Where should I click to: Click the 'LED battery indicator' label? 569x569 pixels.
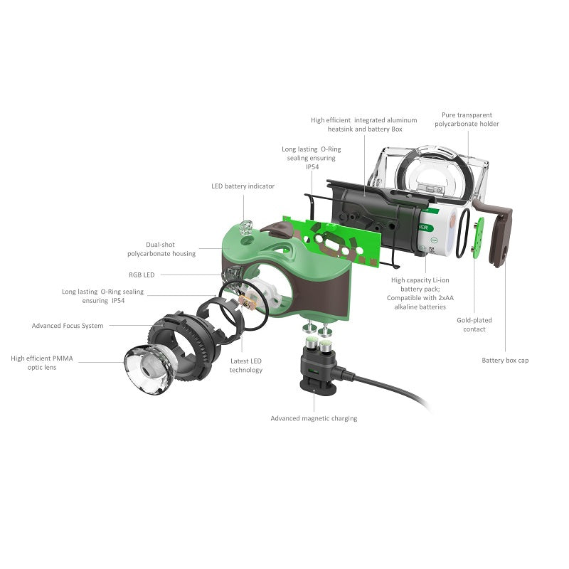(x=243, y=186)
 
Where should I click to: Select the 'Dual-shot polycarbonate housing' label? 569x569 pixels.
(x=161, y=248)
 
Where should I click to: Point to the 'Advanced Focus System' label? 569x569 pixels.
(x=68, y=326)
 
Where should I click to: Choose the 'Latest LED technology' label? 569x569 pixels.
(x=246, y=366)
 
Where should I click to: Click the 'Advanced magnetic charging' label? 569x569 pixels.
(x=314, y=418)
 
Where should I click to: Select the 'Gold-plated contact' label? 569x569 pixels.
(x=474, y=324)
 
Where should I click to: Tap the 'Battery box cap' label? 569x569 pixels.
(x=505, y=361)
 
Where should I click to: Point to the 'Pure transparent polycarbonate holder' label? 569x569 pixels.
(x=467, y=119)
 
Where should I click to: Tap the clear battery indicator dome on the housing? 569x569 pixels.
(x=247, y=228)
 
